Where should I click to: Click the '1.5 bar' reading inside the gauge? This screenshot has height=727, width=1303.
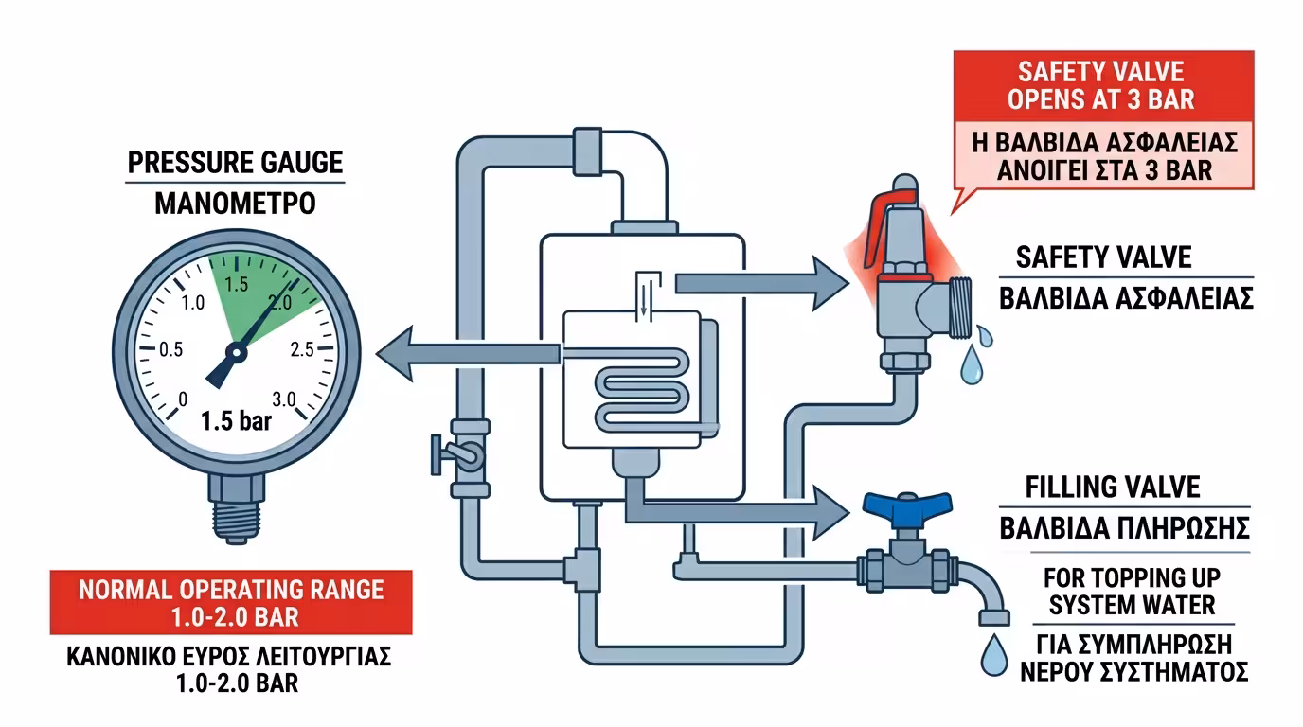point(236,421)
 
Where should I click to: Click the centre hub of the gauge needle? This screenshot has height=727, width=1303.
point(236,353)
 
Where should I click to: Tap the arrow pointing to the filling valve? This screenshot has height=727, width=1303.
point(739,509)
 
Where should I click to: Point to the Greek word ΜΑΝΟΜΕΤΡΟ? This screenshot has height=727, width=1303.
point(236,204)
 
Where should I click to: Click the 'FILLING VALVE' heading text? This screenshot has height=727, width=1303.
point(1113,487)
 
